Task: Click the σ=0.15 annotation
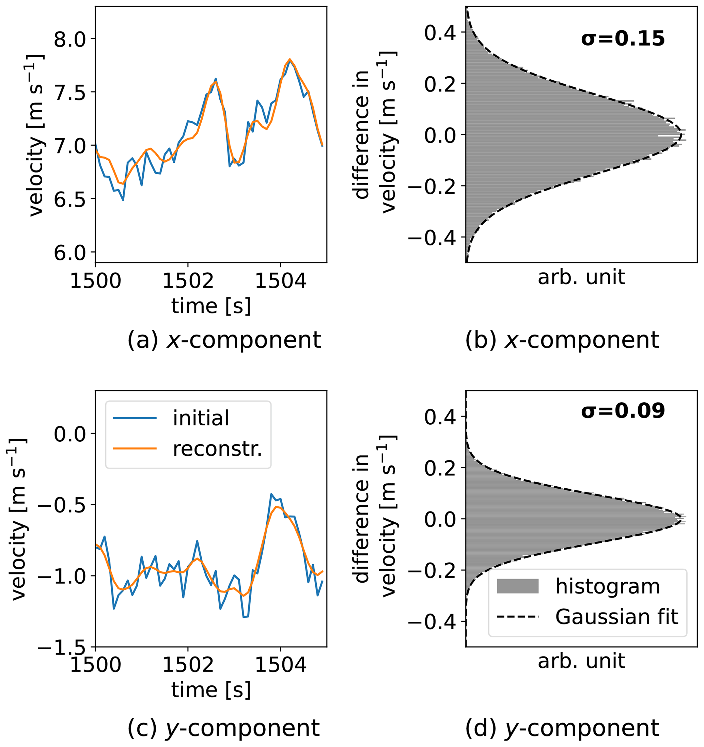coord(623,39)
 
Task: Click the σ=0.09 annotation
coord(623,411)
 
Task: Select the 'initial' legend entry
coord(201,418)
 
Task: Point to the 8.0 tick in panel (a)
coord(70,39)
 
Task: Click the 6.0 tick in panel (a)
coord(70,253)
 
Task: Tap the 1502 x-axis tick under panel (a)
coord(188,281)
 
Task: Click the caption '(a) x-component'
coord(224,340)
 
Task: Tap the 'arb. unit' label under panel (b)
coord(581,277)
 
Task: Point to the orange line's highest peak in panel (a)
coord(290,59)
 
